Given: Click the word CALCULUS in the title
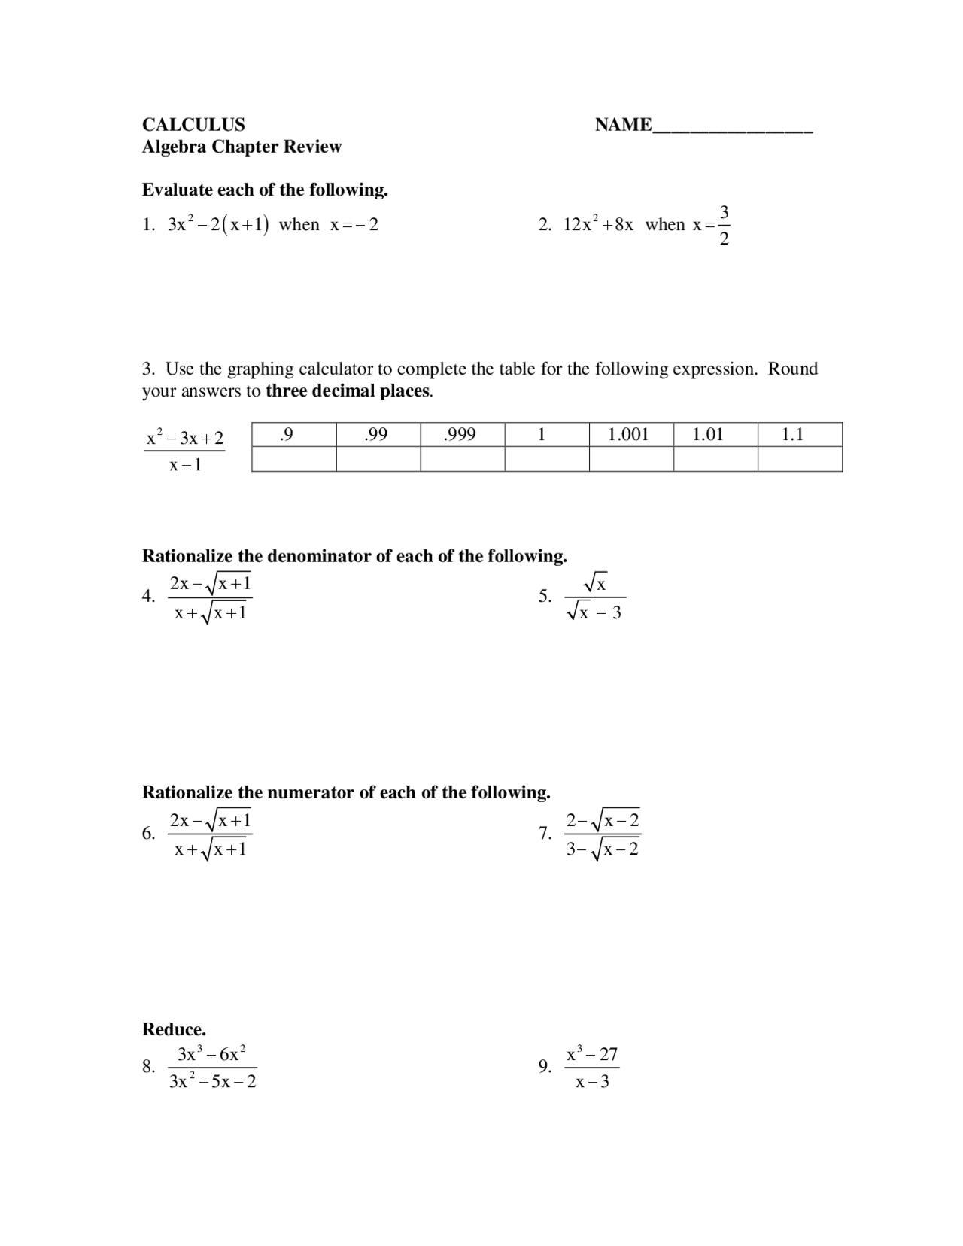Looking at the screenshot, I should point(193,125).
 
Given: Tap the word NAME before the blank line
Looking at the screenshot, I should point(623,125).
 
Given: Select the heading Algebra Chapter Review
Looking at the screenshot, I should point(242,147).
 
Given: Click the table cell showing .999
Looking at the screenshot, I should point(462,434).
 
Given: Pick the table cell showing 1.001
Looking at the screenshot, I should point(630,434).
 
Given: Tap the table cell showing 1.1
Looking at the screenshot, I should point(799,434).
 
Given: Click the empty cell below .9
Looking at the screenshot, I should point(293,459).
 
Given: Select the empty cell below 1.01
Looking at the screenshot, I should point(715,459).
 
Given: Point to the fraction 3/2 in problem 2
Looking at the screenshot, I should point(724,225).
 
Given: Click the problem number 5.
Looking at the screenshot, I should point(545,597).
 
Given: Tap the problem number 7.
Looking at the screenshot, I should point(545,834).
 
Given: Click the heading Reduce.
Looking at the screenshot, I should point(174,1029).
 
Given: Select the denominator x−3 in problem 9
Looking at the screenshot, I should point(592,1083).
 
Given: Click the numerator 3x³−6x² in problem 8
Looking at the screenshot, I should point(212,1054).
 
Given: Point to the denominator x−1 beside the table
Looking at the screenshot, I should point(185,465).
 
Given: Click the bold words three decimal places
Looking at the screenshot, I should point(348,391).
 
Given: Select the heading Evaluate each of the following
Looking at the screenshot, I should point(265,190).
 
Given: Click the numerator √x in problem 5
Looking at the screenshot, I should point(595,582).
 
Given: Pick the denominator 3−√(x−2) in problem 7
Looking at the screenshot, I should point(603,849).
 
